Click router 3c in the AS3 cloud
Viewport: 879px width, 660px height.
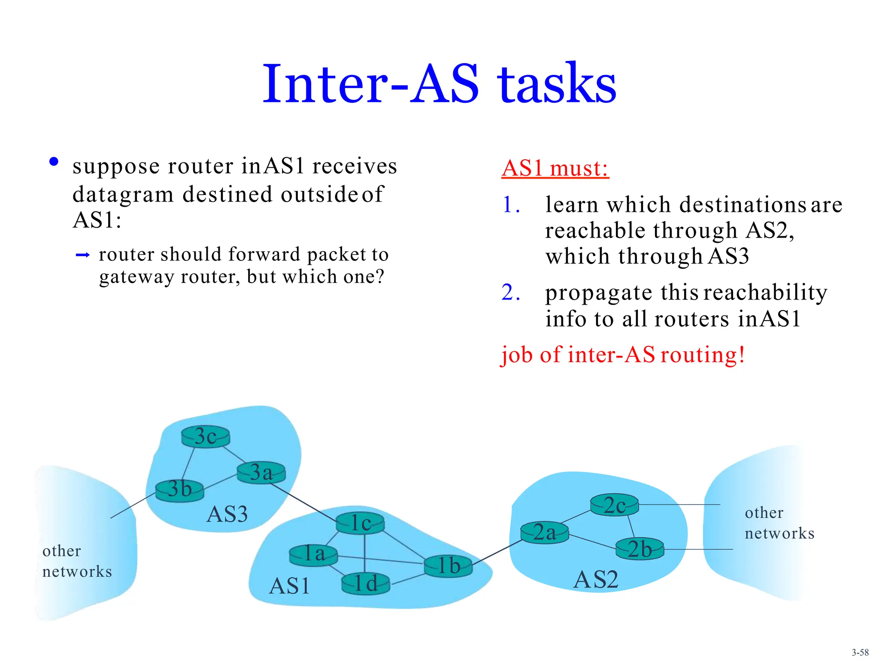(x=206, y=437)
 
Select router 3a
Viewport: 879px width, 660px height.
(x=261, y=473)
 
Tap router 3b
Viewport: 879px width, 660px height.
(x=179, y=490)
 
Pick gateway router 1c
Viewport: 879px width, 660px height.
(x=360, y=523)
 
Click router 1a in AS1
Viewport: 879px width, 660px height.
(x=313, y=555)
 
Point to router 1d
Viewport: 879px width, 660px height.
(x=366, y=584)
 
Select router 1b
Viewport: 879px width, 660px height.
(x=448, y=566)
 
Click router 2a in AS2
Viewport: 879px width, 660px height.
(x=544, y=533)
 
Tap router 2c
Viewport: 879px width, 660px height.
(x=614, y=505)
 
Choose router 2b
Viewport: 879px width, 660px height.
(x=640, y=550)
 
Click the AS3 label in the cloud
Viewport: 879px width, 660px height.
(x=227, y=514)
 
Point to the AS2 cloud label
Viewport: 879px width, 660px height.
(x=596, y=580)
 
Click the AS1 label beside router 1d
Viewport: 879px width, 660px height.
(x=289, y=586)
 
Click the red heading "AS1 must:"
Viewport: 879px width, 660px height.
(x=555, y=168)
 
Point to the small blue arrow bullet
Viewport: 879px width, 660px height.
(x=82, y=256)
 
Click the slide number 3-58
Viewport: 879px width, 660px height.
(x=860, y=652)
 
